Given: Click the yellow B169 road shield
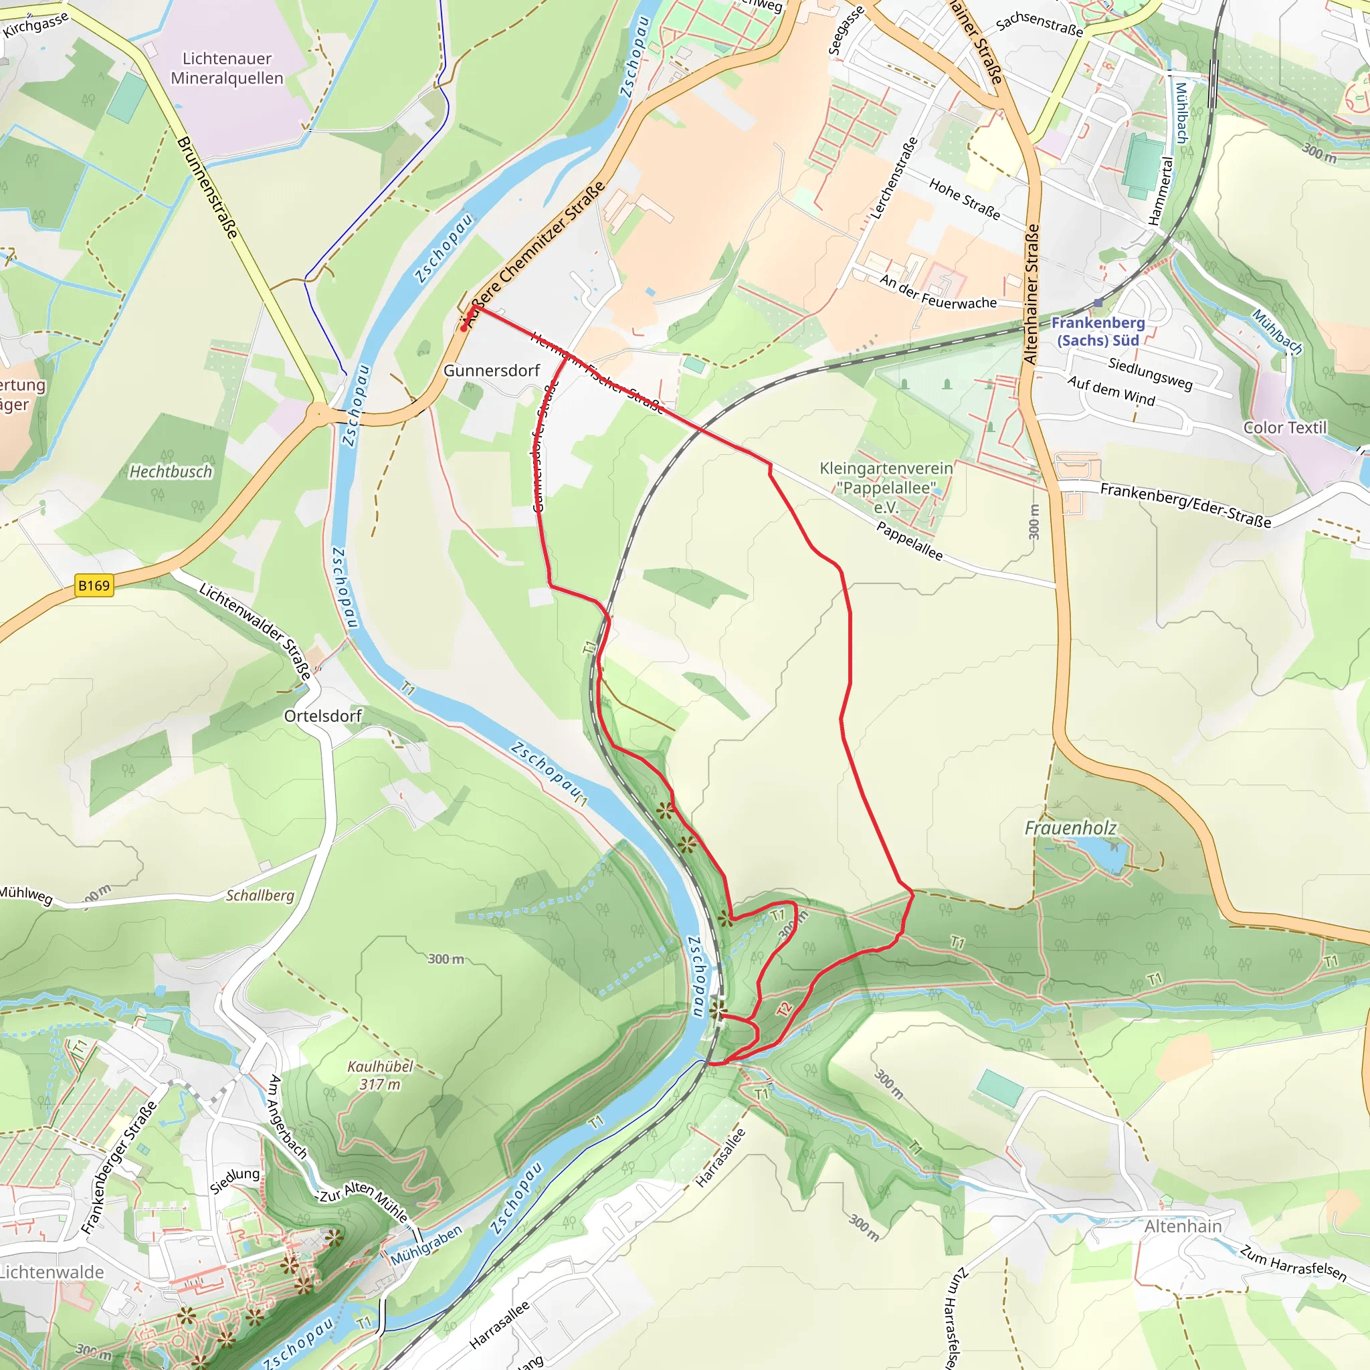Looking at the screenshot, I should pos(94,586).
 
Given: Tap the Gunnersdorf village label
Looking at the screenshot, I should pos(492,370).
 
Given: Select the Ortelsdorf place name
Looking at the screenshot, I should pos(322,716).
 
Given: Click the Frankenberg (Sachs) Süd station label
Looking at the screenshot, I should pos(1098,331).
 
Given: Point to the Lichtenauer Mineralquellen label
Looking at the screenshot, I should pos(227,68).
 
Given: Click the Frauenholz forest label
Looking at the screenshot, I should pos(1070,827).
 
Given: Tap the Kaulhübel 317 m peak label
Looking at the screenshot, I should pos(380,1075).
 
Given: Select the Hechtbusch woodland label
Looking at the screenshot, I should pos(170,472).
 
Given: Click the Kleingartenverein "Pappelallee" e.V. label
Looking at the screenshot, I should pos(886,488).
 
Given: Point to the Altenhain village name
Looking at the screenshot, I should pos(1183,1226).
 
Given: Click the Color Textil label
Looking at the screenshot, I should pos(1284,427).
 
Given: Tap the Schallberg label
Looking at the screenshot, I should pos(260,895).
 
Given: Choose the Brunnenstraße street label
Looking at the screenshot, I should pos(207,187).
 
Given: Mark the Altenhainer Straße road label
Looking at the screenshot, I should pos(1032,294).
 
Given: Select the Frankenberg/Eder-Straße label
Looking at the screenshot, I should pos(1185,505).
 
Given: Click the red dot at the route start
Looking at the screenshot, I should pos(463,328).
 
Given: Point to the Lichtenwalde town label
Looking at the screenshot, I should pos(51,1272).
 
